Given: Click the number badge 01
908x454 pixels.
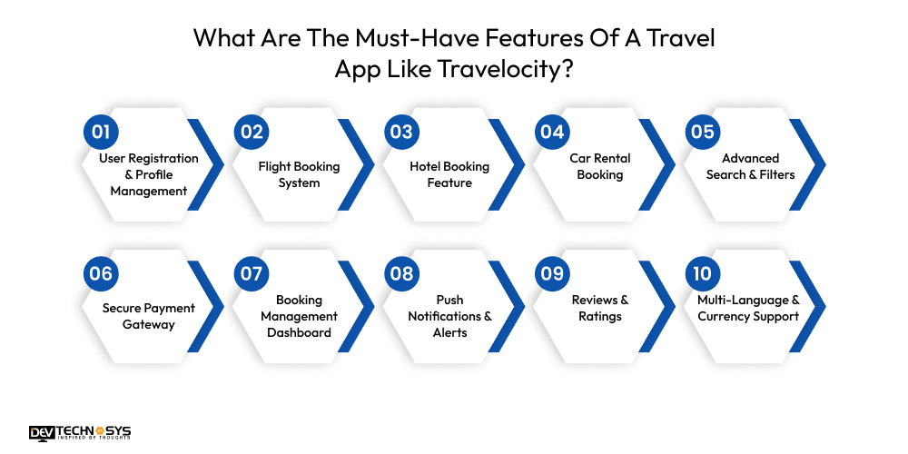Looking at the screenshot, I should [100, 132].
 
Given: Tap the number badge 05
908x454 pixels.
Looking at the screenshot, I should [702, 132].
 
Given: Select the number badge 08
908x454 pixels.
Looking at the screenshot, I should [400, 273].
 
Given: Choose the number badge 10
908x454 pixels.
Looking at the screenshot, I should [702, 273].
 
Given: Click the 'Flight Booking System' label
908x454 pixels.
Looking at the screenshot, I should [299, 174].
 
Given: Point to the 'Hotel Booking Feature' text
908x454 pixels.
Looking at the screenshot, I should [449, 174].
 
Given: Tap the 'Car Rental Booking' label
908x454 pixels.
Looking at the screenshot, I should [600, 166].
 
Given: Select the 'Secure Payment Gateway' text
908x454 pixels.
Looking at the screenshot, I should [148, 316].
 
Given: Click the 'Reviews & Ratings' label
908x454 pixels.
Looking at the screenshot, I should [600, 308].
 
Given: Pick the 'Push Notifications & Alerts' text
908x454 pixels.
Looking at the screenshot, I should [449, 316].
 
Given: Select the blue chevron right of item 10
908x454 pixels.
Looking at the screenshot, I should [814, 307].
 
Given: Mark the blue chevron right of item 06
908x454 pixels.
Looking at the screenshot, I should [212, 307].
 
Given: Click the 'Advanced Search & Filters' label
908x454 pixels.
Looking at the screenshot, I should [751, 166].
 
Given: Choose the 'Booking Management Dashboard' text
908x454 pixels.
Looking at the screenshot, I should [299, 316].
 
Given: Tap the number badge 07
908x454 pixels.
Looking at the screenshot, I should [251, 273].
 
